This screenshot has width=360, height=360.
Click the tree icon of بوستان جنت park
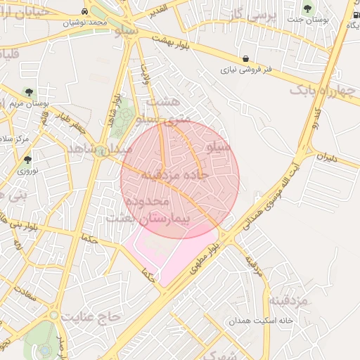pos(308,8)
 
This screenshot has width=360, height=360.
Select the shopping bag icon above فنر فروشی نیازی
pos(245,59)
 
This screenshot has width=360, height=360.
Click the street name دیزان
pos(327,159)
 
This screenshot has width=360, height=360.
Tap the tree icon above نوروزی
pos(28,160)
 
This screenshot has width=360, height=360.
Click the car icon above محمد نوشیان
pos(85,12)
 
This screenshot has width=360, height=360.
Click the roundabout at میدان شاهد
pos(104,150)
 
